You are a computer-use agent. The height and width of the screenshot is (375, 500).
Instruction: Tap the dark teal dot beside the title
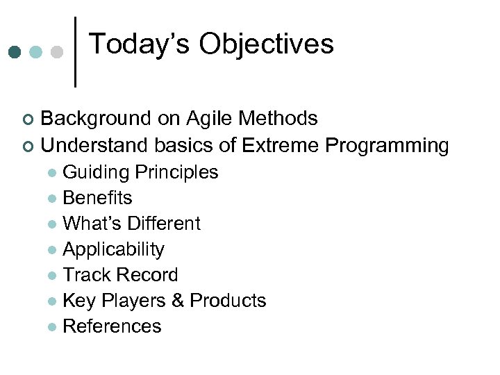pos(15,52)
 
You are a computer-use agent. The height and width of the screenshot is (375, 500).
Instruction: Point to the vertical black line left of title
pos(75,52)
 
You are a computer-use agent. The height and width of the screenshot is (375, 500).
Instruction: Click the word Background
pos(97,119)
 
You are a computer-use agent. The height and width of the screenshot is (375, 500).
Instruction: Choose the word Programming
pos(387,146)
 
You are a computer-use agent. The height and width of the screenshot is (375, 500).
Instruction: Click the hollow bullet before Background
pos(28,120)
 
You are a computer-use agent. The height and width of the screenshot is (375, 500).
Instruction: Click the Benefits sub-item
pos(97,198)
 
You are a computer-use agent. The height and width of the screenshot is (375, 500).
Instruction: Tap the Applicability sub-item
pos(113,249)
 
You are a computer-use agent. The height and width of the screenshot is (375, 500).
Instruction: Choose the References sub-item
pos(112,326)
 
